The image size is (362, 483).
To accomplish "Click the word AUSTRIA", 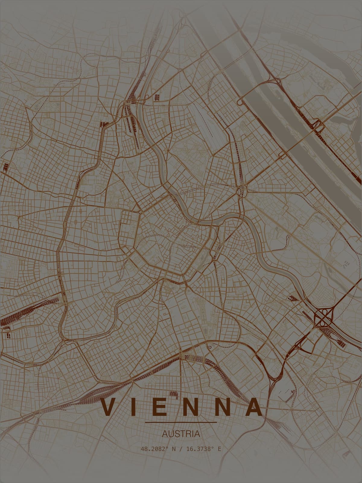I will tap(181, 434).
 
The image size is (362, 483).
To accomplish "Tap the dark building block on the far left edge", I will tap(5, 167).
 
